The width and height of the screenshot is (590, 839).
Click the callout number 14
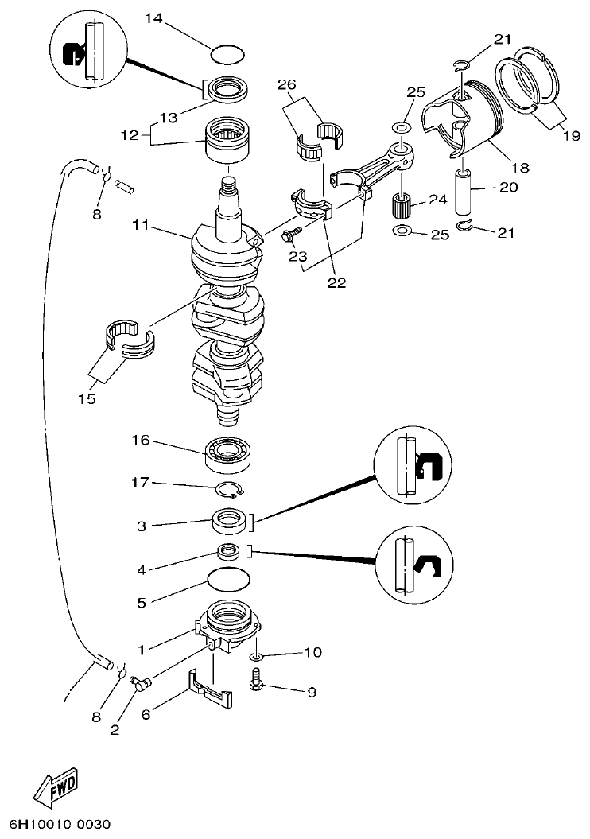pyautogui.click(x=153, y=17)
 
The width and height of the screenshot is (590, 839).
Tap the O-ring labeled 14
pyautogui.click(x=228, y=55)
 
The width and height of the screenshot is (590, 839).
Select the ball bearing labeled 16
pyautogui.click(x=231, y=453)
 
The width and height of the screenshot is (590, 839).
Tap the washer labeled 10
pyautogui.click(x=255, y=657)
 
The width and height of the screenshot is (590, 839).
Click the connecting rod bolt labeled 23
pyautogui.click(x=292, y=231)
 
